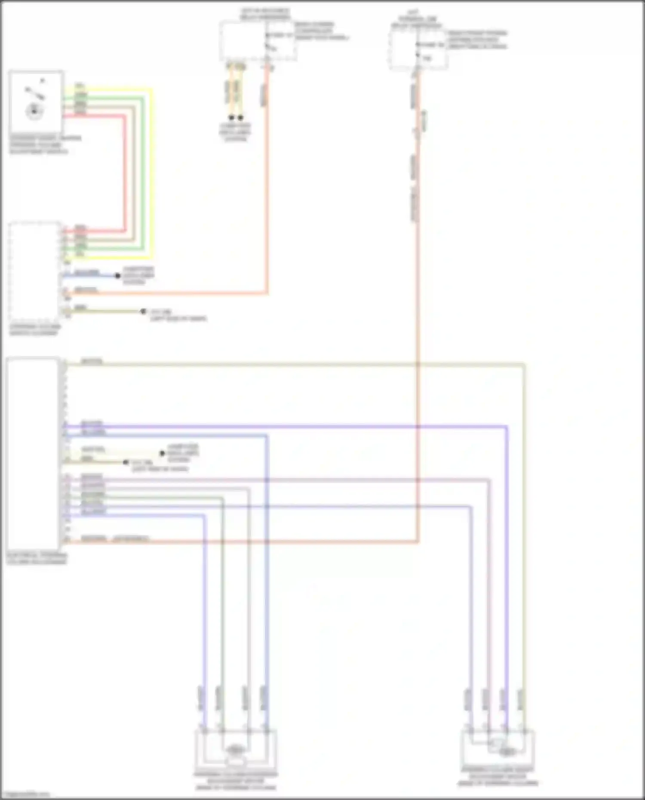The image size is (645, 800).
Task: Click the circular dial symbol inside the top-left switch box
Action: [x=34, y=111]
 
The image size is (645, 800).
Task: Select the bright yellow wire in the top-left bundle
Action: [x=151, y=172]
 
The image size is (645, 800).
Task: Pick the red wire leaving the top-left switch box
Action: [x=125, y=172]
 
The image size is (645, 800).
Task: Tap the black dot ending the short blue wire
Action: [x=117, y=276]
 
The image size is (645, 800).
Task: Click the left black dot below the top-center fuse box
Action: [x=231, y=117]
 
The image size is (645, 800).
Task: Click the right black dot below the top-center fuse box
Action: [x=240, y=117]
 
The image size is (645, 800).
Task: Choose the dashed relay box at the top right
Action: [x=418, y=49]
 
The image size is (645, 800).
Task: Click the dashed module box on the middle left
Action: [x=34, y=271]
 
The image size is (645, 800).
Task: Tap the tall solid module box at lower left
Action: [x=33, y=454]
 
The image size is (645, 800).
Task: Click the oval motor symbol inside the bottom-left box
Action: [x=235, y=750]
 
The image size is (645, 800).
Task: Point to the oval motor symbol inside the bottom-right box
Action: [x=507, y=751]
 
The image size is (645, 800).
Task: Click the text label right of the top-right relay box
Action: [x=477, y=40]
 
